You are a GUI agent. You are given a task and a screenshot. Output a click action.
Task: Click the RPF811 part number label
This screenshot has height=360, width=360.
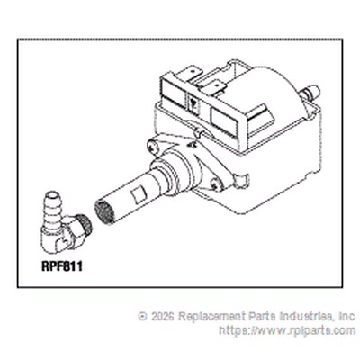[x=62, y=266]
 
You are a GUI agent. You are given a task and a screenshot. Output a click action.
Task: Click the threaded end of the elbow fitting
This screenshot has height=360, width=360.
[x=85, y=224]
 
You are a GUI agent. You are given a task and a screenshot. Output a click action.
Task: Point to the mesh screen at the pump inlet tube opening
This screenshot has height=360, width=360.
[x=104, y=212]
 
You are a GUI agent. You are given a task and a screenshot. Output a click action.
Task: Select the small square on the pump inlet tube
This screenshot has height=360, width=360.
[x=139, y=194]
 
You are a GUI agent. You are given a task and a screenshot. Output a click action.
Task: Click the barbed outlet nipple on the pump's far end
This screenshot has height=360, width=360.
[x=310, y=91]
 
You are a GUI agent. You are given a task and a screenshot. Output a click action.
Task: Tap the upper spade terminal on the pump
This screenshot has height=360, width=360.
[x=193, y=74]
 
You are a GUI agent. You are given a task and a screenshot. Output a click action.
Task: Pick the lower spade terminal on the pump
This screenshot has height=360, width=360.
[x=214, y=87]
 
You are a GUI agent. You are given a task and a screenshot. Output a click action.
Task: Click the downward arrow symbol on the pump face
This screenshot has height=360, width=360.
[x=194, y=104]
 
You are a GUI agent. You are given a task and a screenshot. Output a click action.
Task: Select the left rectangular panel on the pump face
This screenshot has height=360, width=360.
[x=173, y=90]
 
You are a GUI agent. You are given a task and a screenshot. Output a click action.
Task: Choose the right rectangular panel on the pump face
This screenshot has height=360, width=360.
[x=223, y=121]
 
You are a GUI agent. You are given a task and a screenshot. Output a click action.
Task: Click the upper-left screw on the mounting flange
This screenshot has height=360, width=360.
[x=153, y=148]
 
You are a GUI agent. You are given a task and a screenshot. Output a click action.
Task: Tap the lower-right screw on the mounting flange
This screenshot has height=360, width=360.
[x=217, y=184]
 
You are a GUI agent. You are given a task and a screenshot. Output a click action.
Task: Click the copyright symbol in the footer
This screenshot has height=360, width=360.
[x=143, y=316]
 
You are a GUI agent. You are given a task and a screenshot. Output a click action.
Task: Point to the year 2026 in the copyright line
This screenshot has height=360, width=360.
[x=163, y=316]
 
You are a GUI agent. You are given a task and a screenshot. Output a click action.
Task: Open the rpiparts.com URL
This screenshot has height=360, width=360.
[x=287, y=330]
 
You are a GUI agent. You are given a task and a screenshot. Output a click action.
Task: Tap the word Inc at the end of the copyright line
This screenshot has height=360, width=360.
[x=346, y=316]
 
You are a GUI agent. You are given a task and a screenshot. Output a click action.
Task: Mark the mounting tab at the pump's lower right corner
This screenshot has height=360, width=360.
[x=242, y=181]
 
